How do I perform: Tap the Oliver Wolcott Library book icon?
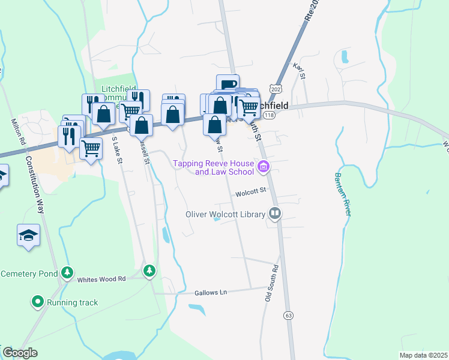coord(274,214)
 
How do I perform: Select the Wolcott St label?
coord(250,193)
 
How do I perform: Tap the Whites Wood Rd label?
coord(101,279)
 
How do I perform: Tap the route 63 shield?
coord(289,315)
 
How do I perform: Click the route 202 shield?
coord(276,89)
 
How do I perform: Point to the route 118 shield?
coord(269,115)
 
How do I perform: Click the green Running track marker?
coord(38,302)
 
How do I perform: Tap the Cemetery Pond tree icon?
coord(67,274)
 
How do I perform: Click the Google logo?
coord(20,353)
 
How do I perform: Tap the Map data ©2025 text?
coord(424,355)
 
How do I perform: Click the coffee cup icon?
coord(228,85)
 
